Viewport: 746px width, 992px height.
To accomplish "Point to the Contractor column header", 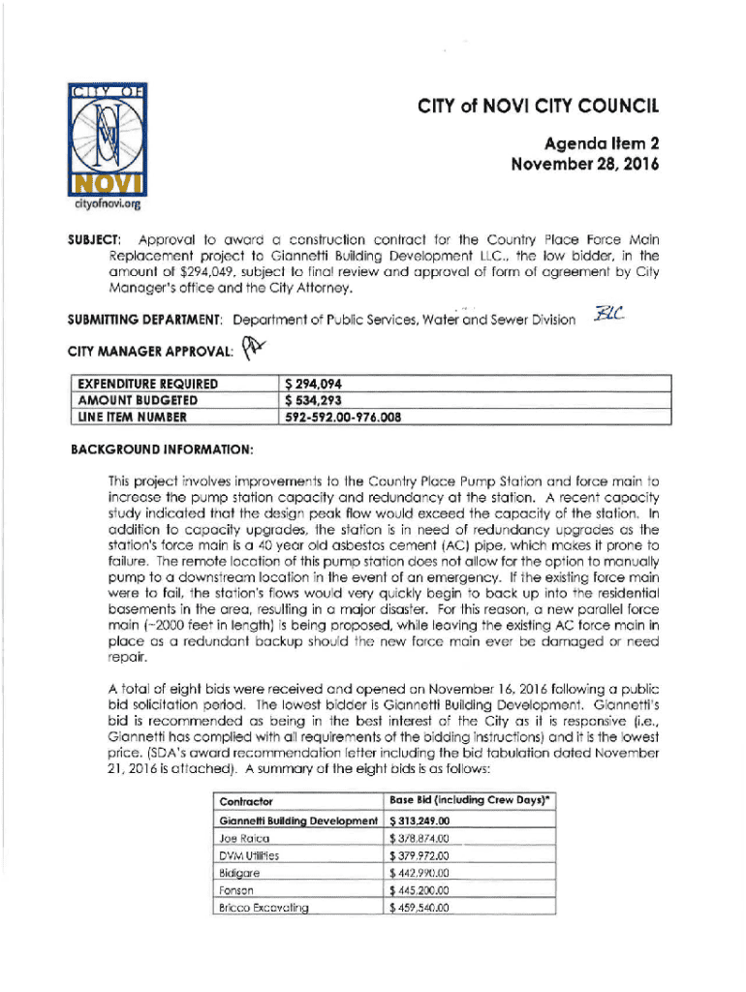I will (x=247, y=801).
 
